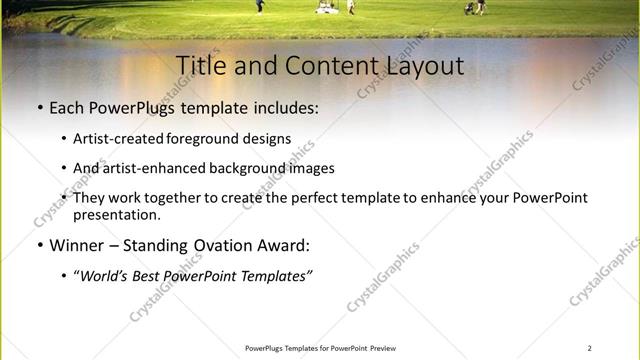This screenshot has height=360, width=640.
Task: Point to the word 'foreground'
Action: (208, 139)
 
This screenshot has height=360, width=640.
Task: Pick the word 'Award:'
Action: (285, 245)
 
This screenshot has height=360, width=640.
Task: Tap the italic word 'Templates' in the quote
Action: (273, 276)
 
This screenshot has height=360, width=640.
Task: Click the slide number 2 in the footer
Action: (589, 348)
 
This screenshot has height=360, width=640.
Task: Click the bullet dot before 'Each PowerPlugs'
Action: (39, 107)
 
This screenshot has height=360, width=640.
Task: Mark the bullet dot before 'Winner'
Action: (39, 246)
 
